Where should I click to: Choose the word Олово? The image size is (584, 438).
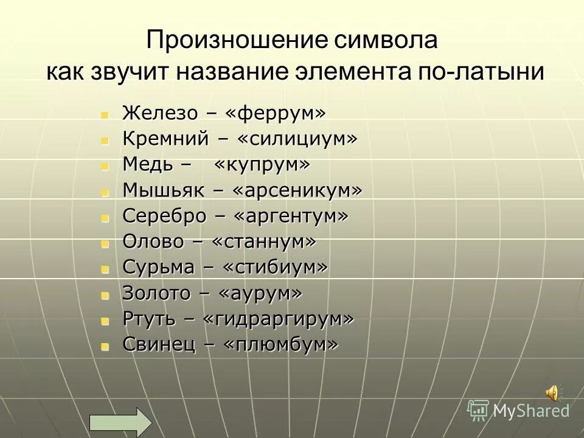pos(153,242)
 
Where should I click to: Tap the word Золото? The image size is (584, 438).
pos(155,293)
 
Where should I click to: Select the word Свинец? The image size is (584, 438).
pos(158,345)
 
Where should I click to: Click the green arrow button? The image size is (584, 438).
pos(120,422)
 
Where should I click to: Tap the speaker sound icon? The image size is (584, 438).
pos(553,394)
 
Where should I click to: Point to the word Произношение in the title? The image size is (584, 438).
pos(237,41)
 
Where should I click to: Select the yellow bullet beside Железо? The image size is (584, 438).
pos(105,114)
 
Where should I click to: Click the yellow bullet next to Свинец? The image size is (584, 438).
pos(105,346)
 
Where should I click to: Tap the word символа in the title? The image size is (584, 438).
pos(386,41)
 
